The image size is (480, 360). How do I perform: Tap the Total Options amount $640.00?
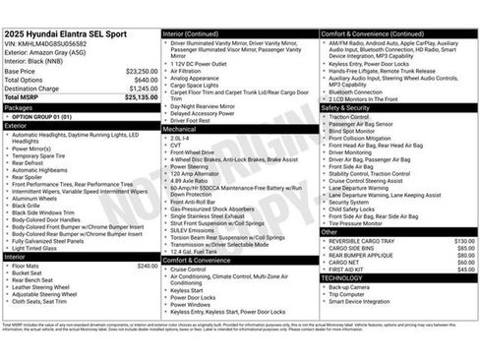pos(145,80)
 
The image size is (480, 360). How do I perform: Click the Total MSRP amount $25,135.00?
pos(140,97)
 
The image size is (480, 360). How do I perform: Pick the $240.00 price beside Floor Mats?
pos(147,266)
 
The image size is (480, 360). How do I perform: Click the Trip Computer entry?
pos(347,294)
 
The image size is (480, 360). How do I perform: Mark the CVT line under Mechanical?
pos(176,145)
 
